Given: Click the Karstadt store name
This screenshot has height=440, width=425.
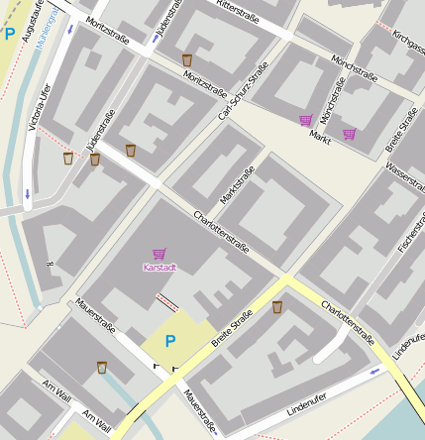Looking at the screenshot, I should coord(159,268).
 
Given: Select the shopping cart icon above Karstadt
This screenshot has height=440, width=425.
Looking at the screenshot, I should coord(159,254).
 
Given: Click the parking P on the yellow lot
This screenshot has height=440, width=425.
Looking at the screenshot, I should coord(169,341).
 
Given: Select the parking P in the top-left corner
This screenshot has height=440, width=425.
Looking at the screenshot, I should coord(9,34).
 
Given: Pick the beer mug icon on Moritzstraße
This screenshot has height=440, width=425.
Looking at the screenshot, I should coord(187,60).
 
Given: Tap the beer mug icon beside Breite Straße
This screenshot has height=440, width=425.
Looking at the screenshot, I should coord(276,307).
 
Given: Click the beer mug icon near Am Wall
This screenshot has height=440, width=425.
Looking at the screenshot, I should coord(101,367).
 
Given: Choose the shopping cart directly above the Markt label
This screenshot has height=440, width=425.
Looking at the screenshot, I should coord(305,121).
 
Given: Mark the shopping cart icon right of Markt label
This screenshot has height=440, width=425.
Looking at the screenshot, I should coord(349,133).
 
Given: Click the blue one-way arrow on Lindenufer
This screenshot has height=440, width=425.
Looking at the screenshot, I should coord(374,373).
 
